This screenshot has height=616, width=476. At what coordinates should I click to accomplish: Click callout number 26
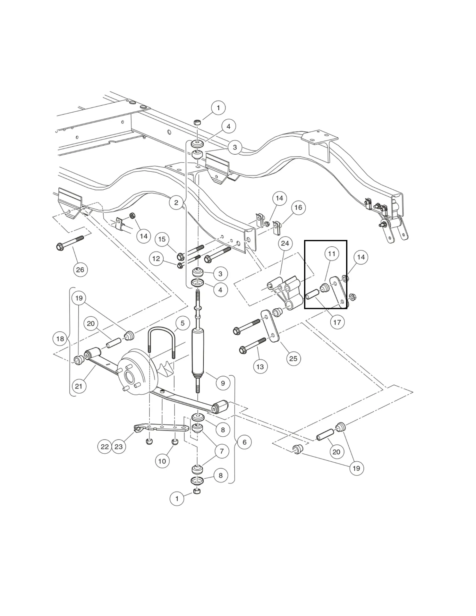pos(80,269)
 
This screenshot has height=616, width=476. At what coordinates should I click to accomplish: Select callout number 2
pos(176,202)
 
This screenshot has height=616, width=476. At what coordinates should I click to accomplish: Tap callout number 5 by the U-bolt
pos(183,323)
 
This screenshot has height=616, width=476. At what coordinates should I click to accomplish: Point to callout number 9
pos(223,383)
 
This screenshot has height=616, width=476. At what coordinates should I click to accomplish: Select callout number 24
pos(285,244)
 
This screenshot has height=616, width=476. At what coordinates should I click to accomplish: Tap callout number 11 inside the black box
pos(332,254)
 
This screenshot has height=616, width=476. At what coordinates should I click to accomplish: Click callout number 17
pos(337,322)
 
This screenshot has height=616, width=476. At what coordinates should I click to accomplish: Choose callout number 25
pos(293,358)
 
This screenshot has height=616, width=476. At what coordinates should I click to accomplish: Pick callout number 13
pos(260,366)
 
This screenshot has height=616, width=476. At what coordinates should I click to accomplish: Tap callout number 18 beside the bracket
pos(60,338)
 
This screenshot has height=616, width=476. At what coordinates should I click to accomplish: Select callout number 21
pos(79,386)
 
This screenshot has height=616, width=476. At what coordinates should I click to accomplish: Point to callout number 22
pos(105,447)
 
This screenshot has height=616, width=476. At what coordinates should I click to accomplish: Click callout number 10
pos(162,461)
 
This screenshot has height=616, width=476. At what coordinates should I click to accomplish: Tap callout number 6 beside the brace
pos(244,442)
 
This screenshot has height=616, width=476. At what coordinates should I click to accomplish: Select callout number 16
pos(298,207)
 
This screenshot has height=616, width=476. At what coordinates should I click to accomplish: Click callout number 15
pos(162,239)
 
